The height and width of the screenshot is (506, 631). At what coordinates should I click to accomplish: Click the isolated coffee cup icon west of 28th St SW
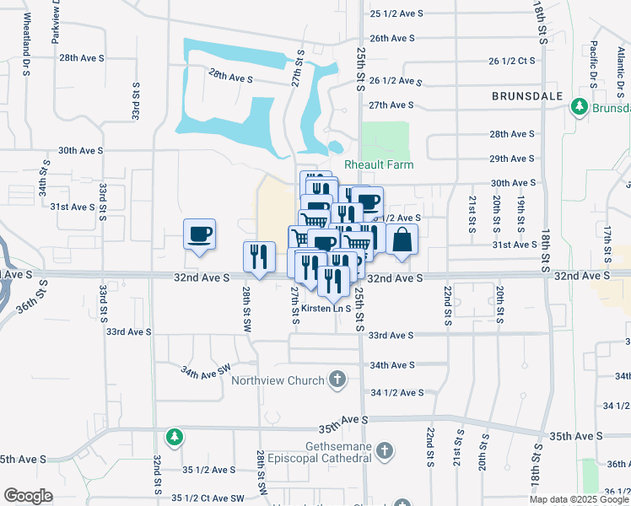point(199,234)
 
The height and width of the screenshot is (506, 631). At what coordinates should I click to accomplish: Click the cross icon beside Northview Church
point(337,379)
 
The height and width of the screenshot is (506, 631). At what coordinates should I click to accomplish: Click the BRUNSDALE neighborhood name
point(528,97)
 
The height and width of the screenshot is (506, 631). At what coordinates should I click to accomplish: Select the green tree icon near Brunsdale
point(579,107)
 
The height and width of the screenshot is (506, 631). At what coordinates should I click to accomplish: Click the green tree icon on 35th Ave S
point(174,436)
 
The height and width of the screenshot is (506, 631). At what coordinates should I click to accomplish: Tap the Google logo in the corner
point(28,496)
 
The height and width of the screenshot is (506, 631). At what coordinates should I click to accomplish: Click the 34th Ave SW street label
point(206,369)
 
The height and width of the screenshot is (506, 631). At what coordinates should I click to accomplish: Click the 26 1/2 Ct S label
point(512,61)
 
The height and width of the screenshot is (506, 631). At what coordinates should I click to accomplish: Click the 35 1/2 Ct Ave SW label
point(212,499)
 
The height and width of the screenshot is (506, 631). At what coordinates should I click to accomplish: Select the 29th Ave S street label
point(513,159)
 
